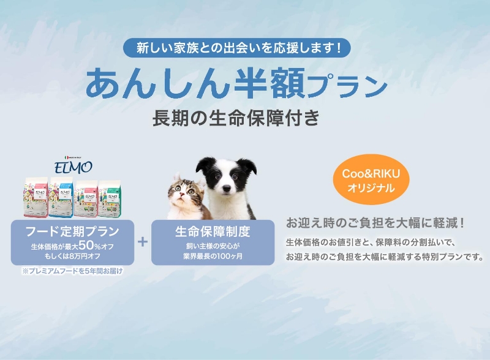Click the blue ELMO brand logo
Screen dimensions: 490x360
(73, 167)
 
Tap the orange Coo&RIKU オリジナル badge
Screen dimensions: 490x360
(371, 179)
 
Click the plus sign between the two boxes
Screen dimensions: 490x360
(143, 242)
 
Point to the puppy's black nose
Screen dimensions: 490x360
(226, 189)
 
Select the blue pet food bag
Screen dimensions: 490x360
(61, 197)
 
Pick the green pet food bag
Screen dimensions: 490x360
(110, 198)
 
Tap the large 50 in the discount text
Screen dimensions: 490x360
(86, 246)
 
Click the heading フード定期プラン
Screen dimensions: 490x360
(72, 231)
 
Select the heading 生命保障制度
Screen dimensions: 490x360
(213, 231)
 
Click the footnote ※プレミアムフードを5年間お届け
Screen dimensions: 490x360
(72, 271)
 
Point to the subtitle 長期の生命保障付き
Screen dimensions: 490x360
(236, 118)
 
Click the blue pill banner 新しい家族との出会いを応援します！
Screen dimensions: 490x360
(237, 48)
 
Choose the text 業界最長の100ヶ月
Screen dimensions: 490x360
(213, 257)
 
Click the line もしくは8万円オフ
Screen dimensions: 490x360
(72, 257)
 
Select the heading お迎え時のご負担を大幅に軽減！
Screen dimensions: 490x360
(375, 223)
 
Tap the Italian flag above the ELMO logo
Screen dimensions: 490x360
(66, 157)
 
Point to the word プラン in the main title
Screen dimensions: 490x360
(347, 86)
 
